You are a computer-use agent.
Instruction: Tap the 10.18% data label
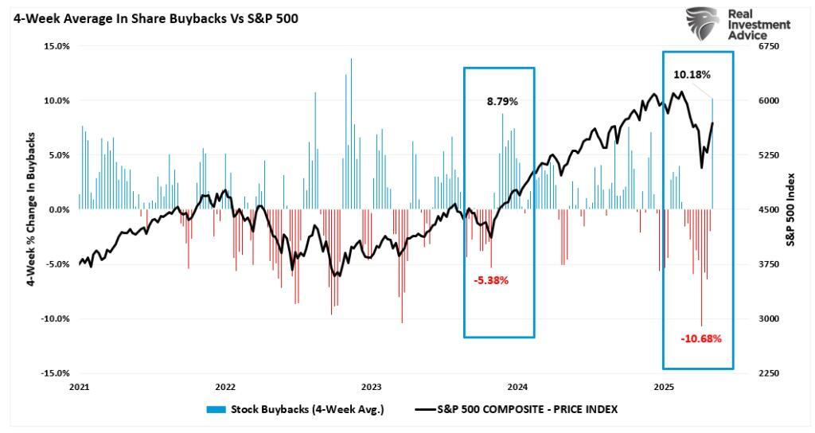click(x=692, y=75)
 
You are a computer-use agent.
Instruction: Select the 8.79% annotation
click(x=502, y=102)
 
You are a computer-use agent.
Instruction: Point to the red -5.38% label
click(x=491, y=280)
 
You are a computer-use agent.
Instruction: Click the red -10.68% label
click(x=701, y=338)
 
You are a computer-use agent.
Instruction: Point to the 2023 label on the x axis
click(x=372, y=387)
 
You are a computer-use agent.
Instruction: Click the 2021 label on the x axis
click(x=79, y=387)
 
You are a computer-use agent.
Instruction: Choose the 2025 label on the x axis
click(x=665, y=387)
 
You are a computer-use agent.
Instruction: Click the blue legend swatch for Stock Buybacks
click(x=216, y=409)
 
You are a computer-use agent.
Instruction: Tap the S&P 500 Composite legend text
click(x=527, y=409)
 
